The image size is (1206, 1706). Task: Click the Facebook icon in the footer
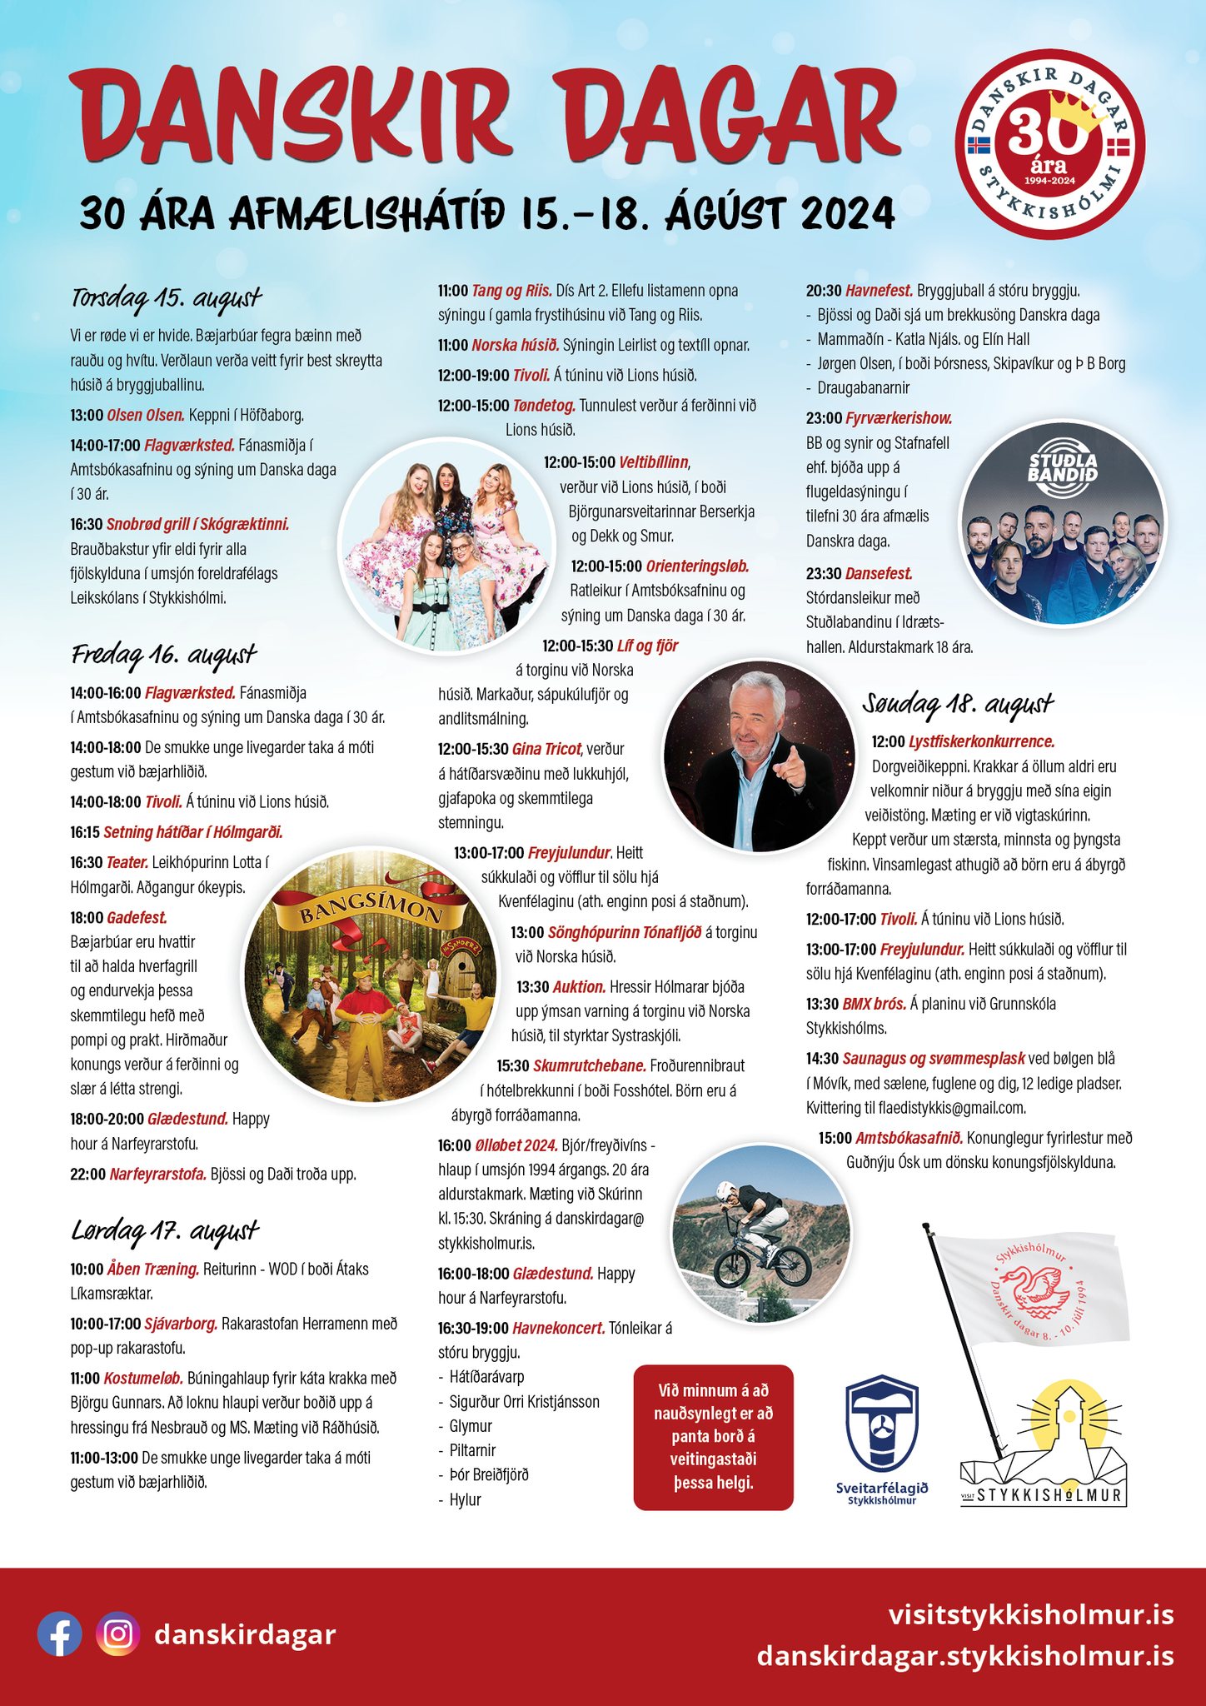click(x=60, y=1634)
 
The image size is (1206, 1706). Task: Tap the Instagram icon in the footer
click(x=118, y=1634)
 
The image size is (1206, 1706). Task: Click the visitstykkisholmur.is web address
click(x=1031, y=1614)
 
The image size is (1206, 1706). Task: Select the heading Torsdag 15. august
click(x=167, y=297)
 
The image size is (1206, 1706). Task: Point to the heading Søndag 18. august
click(x=958, y=705)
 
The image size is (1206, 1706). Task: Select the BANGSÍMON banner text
click(x=371, y=911)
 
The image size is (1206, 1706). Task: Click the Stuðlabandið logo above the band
click(x=1063, y=468)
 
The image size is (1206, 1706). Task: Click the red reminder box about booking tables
click(x=714, y=1436)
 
